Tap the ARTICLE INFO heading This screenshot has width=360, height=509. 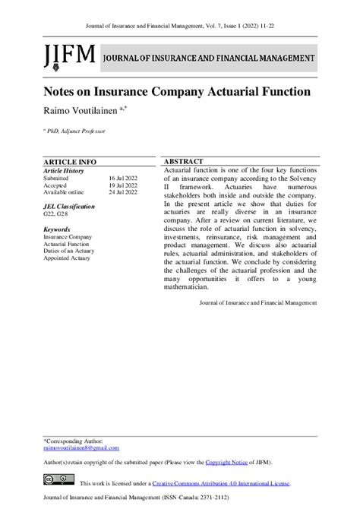coord(70,163)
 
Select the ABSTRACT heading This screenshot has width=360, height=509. coord(184,163)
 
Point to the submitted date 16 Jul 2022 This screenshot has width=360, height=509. coord(123,178)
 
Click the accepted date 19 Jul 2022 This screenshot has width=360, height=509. coord(123,185)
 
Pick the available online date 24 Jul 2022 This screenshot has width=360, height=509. coord(123,193)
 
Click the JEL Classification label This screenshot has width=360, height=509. coord(69,207)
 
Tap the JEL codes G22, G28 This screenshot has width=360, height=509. coord(55,214)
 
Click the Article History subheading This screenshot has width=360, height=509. coord(64,170)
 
